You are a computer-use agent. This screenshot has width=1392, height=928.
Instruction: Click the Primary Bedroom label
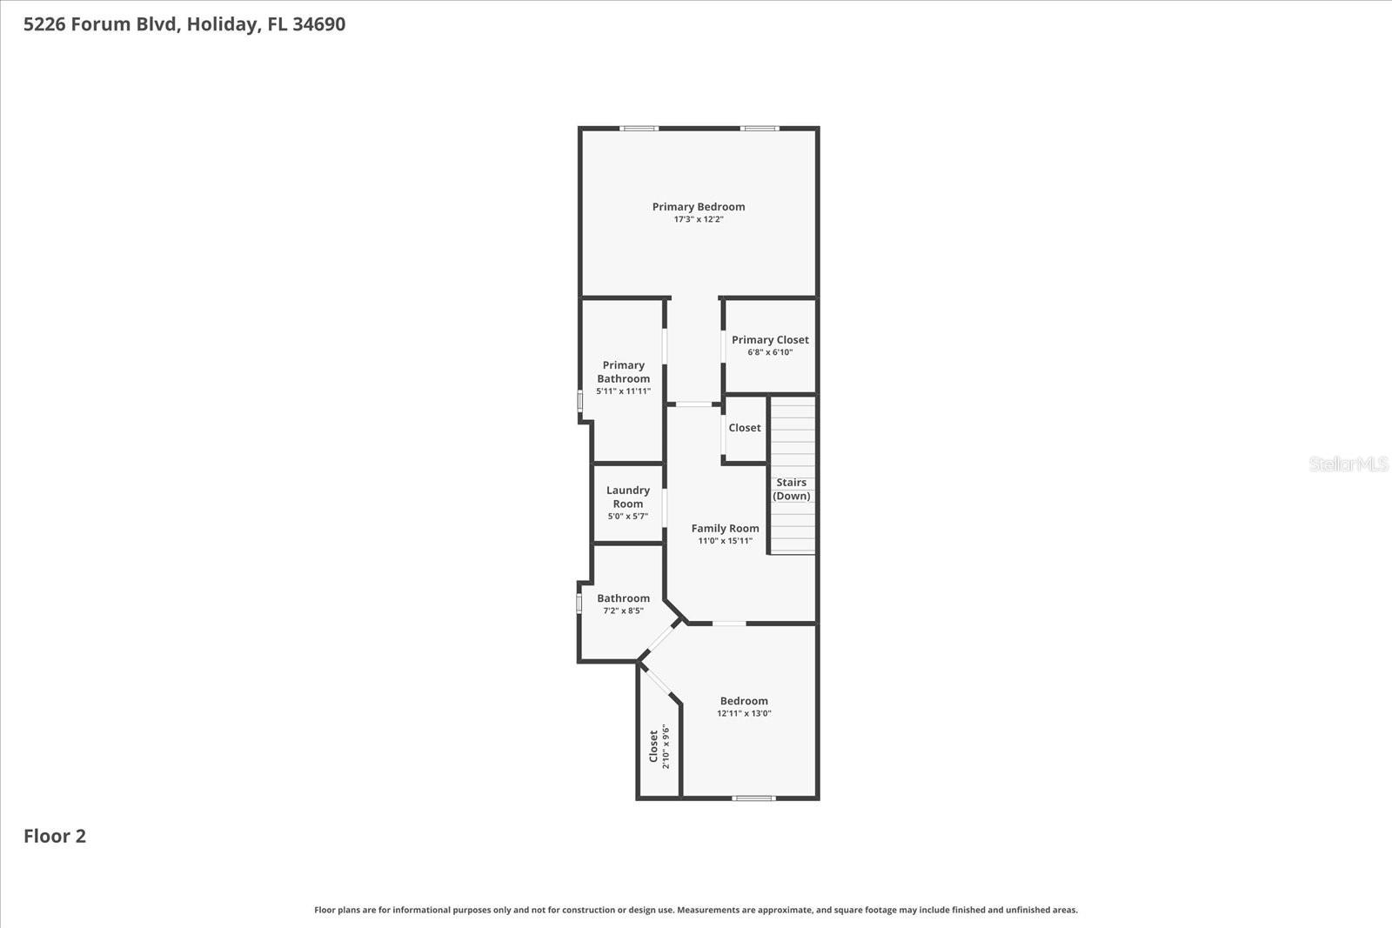[699, 207]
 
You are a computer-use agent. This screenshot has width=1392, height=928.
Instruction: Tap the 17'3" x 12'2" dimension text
[699, 220]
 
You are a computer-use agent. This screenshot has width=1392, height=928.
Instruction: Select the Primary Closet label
[770, 340]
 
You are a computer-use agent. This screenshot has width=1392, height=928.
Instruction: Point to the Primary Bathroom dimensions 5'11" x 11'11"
[623, 391]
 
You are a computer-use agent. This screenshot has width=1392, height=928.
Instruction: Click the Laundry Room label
[628, 497]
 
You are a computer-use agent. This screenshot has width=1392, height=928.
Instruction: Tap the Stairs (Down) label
[792, 489]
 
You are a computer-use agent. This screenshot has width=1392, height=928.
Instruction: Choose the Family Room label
[725, 529]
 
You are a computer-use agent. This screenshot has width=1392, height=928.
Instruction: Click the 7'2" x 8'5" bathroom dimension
[623, 611]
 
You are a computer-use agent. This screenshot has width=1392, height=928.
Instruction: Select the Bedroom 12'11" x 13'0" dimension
[744, 713]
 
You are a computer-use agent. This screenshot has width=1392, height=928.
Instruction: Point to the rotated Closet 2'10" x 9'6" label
[659, 746]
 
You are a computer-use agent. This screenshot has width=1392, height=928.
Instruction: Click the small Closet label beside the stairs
[745, 428]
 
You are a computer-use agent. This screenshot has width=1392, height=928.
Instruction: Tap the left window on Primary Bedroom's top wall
[639, 129]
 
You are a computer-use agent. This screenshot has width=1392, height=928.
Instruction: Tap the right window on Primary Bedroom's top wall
[760, 129]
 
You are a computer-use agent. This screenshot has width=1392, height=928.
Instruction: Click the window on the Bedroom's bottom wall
[753, 798]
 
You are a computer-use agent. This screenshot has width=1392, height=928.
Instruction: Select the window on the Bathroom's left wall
[579, 603]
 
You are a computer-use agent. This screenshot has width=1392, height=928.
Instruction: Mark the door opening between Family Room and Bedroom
[729, 623]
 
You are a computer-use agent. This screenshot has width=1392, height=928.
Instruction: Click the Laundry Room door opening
[665, 508]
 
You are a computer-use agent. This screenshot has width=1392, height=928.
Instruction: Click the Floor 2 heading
[55, 836]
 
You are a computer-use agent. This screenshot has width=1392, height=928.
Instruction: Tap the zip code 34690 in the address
[318, 24]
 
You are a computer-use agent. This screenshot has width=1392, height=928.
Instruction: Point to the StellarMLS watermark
[1348, 464]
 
